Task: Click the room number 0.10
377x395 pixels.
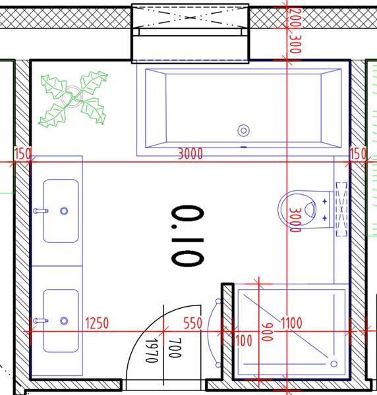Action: click(188, 236)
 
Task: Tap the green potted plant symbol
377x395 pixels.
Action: click(73, 98)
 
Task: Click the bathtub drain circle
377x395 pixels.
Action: click(244, 131)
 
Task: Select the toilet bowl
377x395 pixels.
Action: click(297, 209)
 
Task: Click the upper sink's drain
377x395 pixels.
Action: click(64, 211)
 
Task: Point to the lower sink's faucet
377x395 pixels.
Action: click(40, 321)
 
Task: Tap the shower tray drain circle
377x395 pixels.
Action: click(334, 363)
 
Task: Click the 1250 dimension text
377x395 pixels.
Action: click(98, 323)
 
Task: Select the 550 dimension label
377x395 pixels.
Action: click(193, 323)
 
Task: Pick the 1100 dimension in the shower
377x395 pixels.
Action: click(291, 323)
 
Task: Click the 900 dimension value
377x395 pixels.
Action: click(268, 332)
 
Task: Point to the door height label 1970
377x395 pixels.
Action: click(152, 350)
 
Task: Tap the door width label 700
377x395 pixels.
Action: click(175, 348)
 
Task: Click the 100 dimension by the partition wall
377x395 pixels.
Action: click(244, 340)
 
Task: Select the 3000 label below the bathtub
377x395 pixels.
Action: click(190, 153)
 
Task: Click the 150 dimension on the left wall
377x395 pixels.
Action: click(22, 153)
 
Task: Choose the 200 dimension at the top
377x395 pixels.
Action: click(295, 18)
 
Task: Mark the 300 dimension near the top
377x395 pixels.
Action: click(295, 44)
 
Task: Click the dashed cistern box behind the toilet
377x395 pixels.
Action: click(341, 209)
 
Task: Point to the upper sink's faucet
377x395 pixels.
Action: click(40, 211)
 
